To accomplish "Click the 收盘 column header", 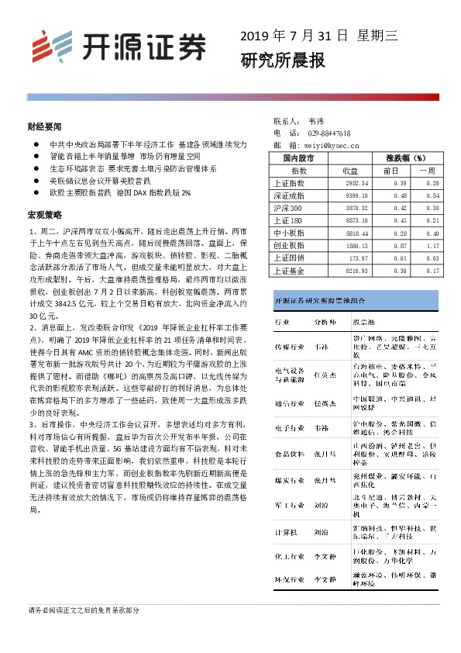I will tap(350, 171).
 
